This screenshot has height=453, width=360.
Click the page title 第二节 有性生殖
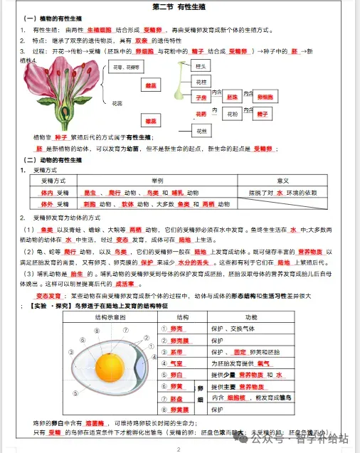(x=179, y=6)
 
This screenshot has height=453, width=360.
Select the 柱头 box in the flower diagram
(x=201, y=66)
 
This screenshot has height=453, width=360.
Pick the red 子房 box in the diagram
(x=201, y=97)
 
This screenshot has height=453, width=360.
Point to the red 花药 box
(x=201, y=114)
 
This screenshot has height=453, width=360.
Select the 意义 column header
(x=282, y=181)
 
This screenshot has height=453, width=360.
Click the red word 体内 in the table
(x=47, y=193)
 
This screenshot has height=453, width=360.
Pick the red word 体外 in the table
(x=47, y=204)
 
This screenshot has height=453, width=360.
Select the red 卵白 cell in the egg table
(x=177, y=374)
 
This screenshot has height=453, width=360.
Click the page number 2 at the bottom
(x=179, y=449)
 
